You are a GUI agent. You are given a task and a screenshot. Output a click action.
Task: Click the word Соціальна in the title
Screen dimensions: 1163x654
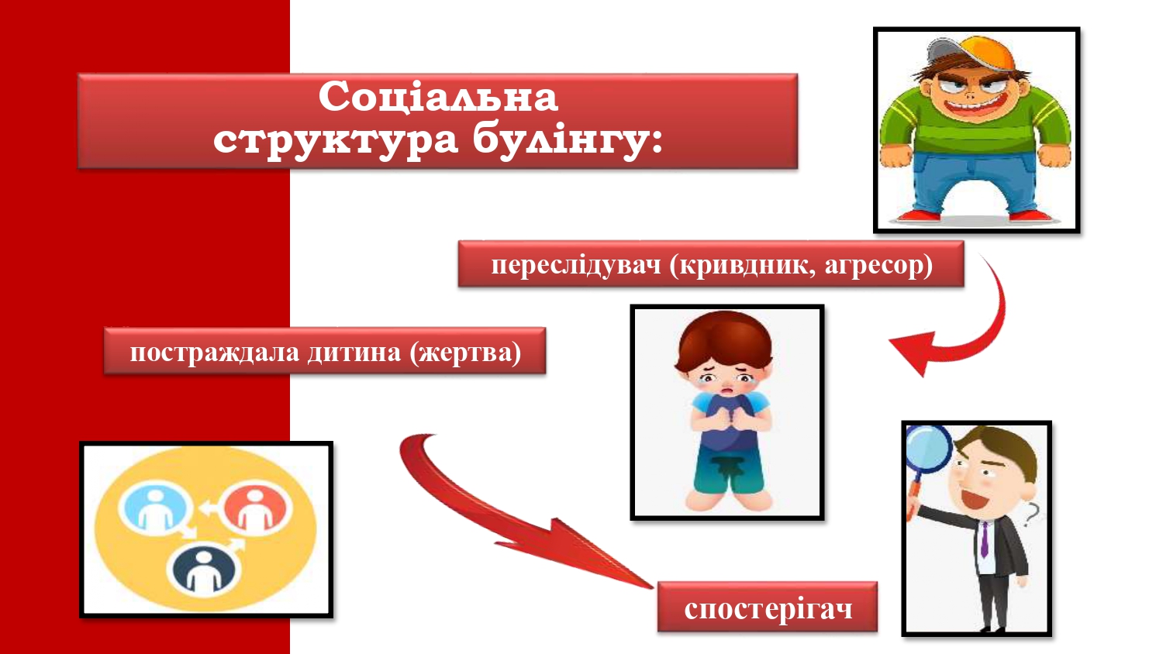[438, 97]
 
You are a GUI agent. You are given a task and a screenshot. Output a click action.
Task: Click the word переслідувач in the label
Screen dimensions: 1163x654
[576, 265]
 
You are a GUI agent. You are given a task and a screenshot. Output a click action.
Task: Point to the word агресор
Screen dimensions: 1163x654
[878, 265]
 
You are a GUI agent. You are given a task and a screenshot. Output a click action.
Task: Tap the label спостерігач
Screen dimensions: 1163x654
[768, 609]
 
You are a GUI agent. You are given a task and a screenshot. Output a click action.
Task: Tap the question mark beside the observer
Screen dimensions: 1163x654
[1031, 515]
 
